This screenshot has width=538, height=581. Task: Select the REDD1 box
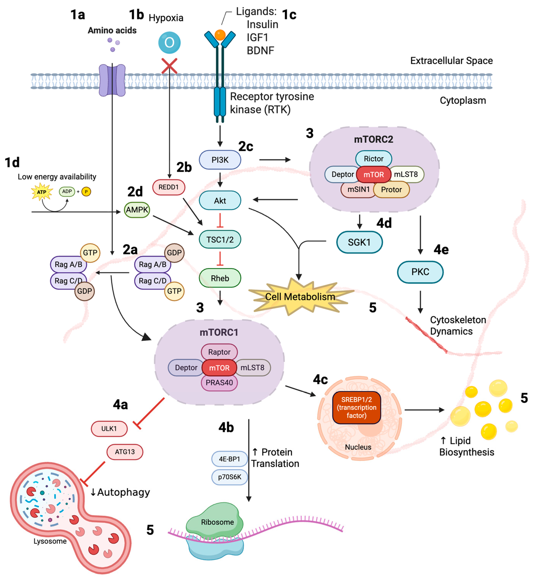pyautogui.click(x=169, y=187)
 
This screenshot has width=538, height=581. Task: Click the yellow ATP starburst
pyautogui.click(x=42, y=192)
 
